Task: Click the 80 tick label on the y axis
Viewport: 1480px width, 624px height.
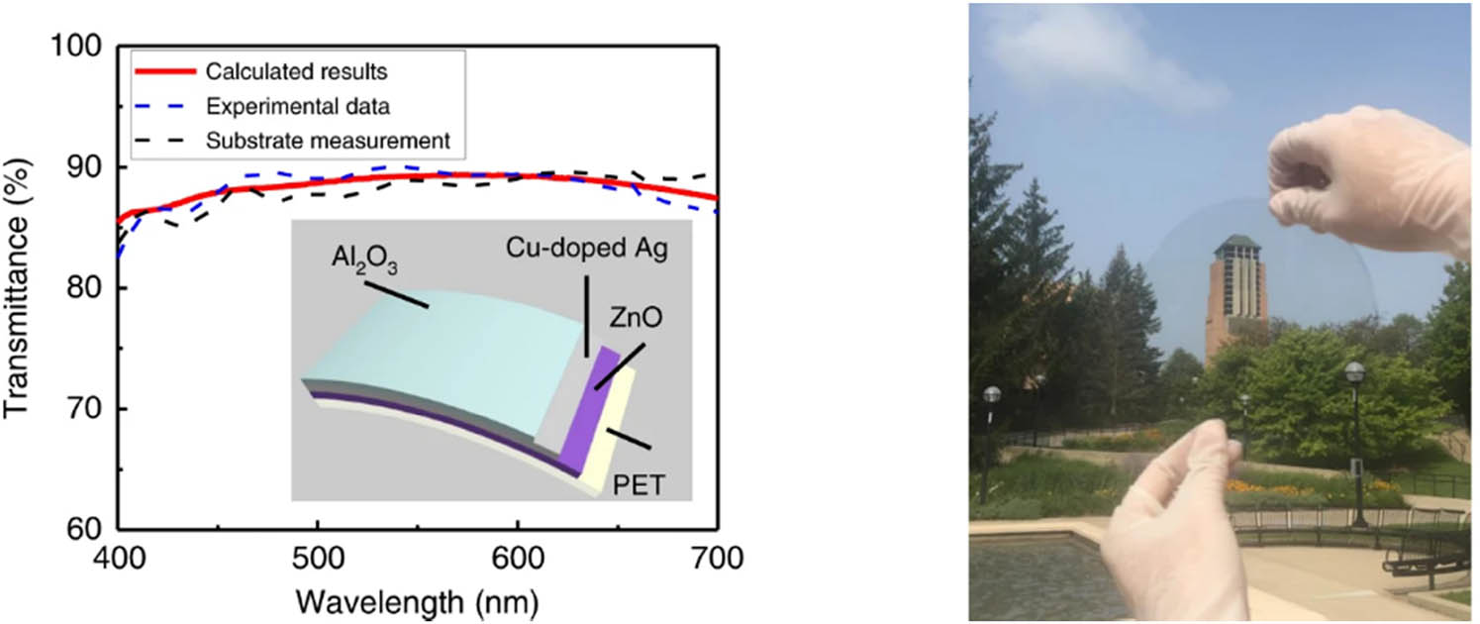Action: click(x=84, y=288)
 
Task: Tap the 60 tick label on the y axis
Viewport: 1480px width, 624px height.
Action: click(x=84, y=529)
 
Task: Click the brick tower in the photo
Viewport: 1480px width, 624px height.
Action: click(x=1235, y=297)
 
